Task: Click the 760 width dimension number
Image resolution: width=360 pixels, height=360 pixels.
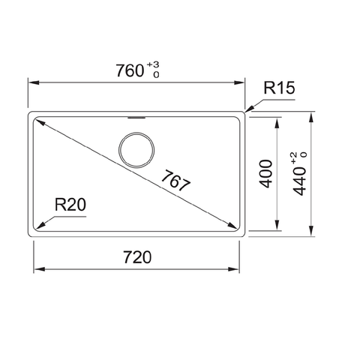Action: (x=130, y=71)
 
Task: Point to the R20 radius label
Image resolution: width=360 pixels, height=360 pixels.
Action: (x=69, y=204)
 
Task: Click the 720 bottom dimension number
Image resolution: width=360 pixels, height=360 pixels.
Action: (x=136, y=257)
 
